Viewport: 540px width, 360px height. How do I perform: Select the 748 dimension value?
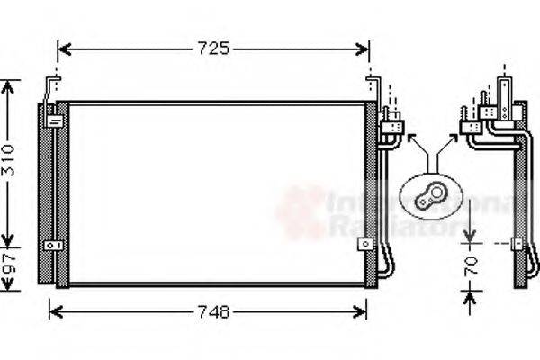tap(213, 312)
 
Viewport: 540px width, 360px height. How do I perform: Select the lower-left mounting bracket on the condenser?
tap(57, 245)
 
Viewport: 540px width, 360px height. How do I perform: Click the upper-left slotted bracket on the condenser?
tap(55, 118)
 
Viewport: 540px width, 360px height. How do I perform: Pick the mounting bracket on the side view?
tap(517, 243)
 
